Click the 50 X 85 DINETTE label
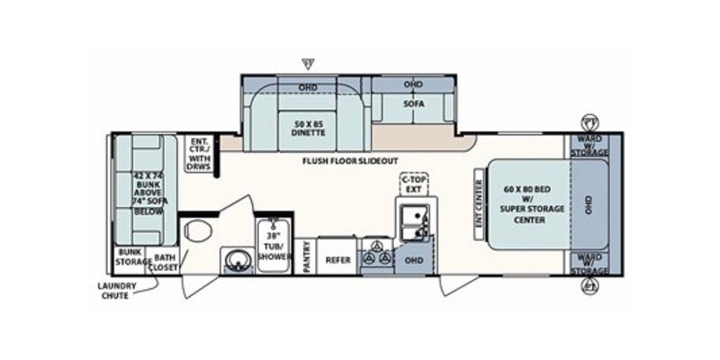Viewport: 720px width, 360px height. click(309, 127)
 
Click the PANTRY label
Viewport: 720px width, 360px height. click(308, 255)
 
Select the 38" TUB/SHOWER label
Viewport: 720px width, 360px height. click(272, 245)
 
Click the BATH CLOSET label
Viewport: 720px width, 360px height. click(166, 260)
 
